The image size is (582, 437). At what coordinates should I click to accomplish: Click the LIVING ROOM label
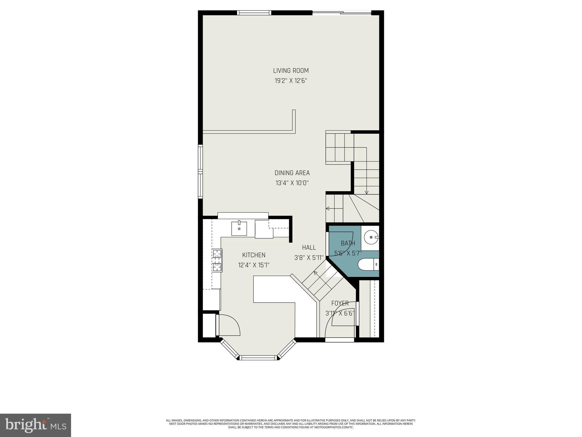[291, 71]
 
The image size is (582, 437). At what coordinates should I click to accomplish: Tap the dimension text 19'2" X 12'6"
[291, 81]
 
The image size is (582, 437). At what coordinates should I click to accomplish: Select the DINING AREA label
[292, 173]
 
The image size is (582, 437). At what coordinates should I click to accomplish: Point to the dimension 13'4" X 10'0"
[292, 183]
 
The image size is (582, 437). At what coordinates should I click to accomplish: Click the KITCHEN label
[254, 255]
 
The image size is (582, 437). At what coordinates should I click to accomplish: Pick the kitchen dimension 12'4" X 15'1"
[254, 265]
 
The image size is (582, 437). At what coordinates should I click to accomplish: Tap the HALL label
[309, 248]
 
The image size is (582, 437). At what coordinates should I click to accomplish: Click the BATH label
[348, 243]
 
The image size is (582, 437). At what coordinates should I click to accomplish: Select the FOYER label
[340, 303]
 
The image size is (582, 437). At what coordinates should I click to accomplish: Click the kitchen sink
[239, 228]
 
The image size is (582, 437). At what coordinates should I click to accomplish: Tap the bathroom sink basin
[371, 237]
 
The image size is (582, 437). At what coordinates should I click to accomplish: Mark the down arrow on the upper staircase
[366, 192]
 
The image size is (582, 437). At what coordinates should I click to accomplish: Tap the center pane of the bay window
[258, 358]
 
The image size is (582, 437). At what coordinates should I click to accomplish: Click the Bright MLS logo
[36, 425]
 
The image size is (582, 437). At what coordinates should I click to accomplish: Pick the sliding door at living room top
[342, 13]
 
